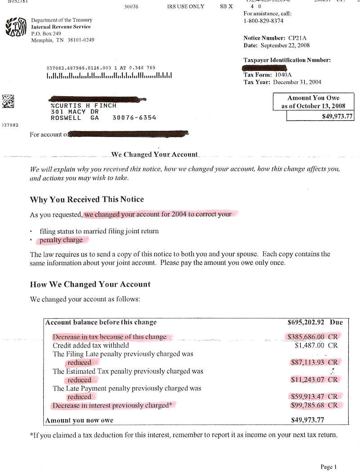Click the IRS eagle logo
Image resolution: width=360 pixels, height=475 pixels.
(x=15, y=27)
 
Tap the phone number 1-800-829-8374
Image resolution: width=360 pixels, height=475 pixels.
(x=263, y=21)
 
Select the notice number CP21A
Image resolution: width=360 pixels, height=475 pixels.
(x=297, y=38)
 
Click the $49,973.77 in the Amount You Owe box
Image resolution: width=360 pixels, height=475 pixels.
(x=333, y=116)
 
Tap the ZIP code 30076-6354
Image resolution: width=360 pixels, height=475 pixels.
(x=134, y=118)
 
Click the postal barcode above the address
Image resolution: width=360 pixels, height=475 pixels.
(x=109, y=76)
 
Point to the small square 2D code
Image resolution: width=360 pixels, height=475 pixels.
(x=8, y=100)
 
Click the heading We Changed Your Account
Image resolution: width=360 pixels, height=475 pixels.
(x=154, y=154)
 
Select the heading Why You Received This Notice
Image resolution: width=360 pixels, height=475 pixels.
(x=87, y=199)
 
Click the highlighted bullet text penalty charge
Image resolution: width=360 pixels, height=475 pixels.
(x=61, y=240)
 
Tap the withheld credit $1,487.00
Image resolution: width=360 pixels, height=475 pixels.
(x=310, y=345)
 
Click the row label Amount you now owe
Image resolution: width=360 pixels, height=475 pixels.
(x=79, y=421)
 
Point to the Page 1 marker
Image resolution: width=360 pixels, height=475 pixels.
(x=328, y=467)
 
